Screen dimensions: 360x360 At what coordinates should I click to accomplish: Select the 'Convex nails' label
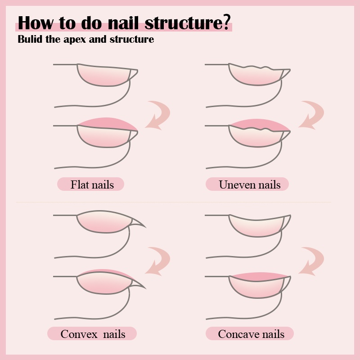[92, 334]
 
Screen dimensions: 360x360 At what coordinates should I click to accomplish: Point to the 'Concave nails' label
[250, 334]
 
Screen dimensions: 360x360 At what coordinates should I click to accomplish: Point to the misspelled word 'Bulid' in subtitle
[30, 40]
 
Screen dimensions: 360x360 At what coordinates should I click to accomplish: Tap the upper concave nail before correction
[256, 225]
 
